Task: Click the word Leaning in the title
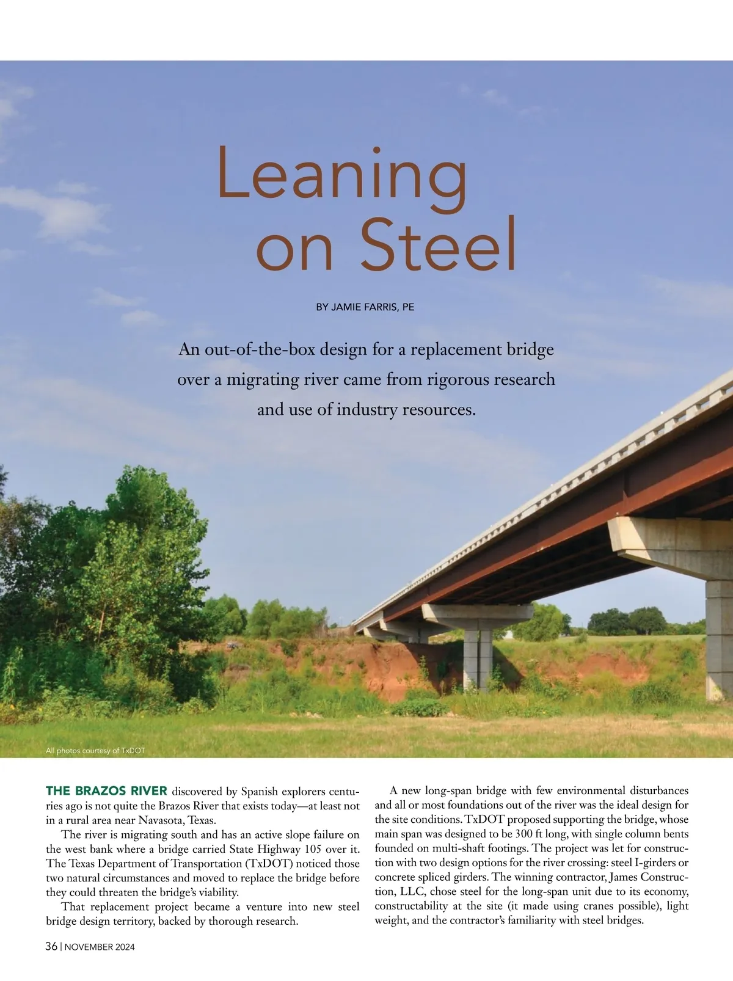342,174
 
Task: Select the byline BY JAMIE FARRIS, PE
365,307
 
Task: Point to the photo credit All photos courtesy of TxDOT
95,751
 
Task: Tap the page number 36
51,947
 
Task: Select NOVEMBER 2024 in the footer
100,947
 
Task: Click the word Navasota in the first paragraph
161,820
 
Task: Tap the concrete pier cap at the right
666,544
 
